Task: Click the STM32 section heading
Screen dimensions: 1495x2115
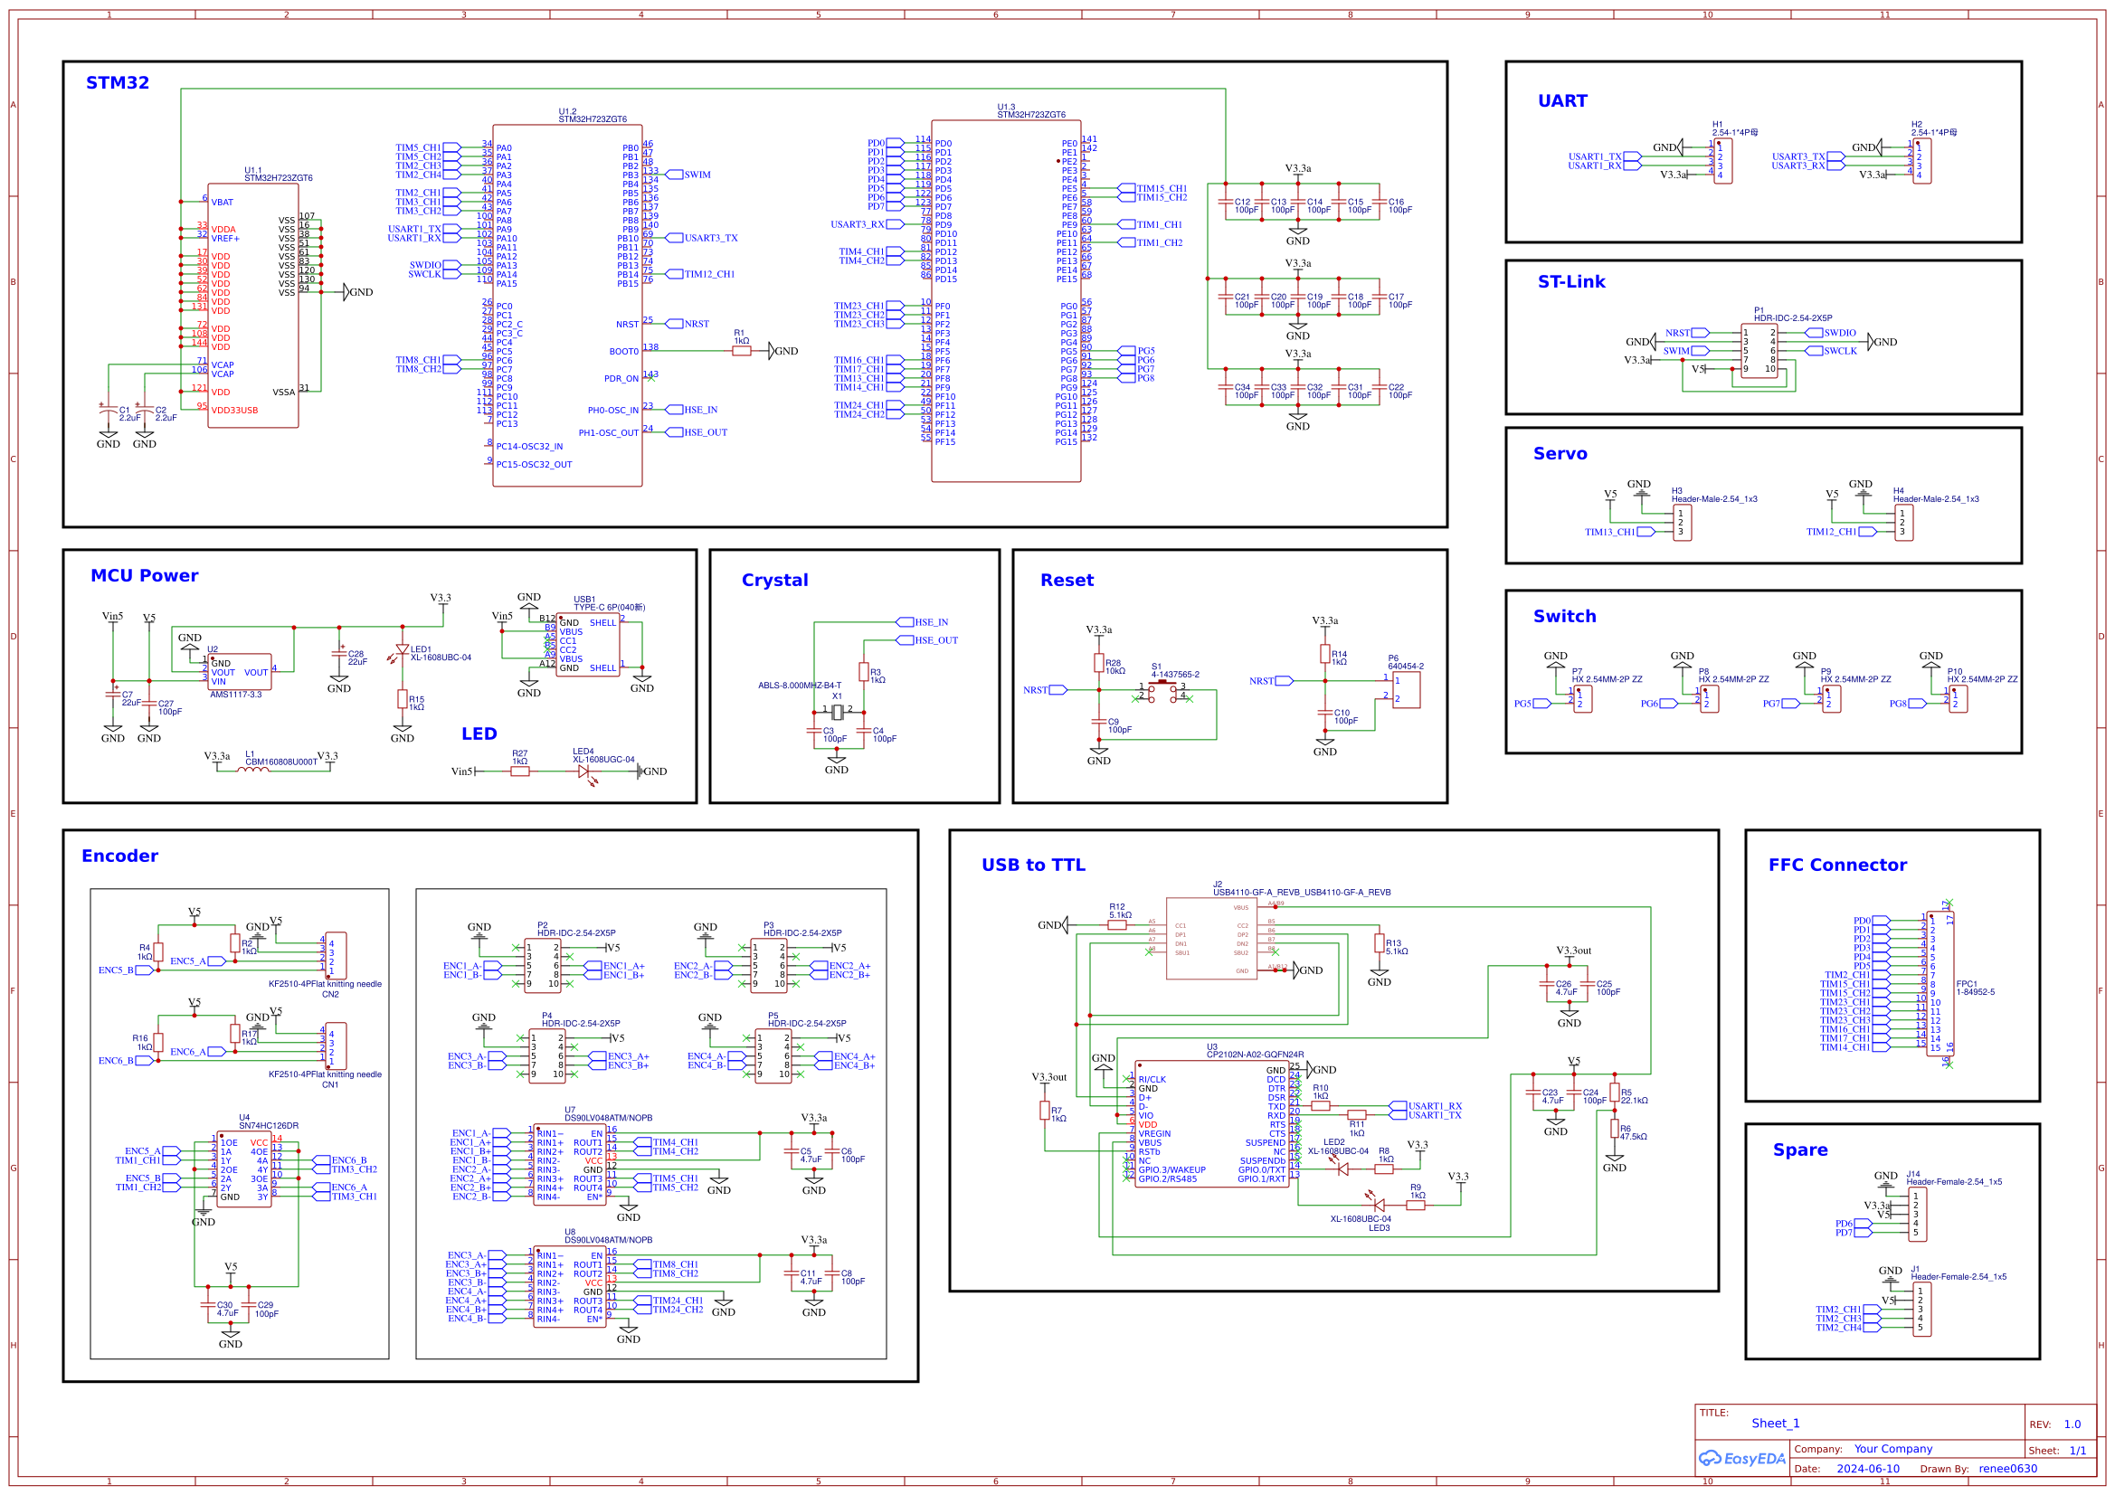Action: tap(117, 83)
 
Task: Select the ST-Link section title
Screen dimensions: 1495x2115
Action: tap(1570, 282)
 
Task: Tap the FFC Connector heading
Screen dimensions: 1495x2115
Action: tap(1836, 865)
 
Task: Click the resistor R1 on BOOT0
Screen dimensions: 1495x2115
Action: tap(742, 351)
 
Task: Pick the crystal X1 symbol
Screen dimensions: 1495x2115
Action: tap(837, 712)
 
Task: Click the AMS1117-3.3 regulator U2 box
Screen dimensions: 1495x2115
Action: tap(240, 672)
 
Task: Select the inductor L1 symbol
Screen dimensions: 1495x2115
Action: tap(253, 770)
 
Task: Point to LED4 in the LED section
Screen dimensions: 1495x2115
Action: tap(584, 771)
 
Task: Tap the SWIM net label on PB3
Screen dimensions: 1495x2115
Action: tap(697, 174)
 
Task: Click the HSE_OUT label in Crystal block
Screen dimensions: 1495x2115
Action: tap(935, 640)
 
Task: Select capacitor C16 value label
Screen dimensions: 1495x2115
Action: tap(1399, 210)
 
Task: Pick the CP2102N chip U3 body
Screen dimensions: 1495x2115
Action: tap(1211, 1124)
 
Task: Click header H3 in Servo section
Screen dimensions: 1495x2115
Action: tap(1682, 523)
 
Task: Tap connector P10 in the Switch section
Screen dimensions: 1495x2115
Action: tap(1959, 698)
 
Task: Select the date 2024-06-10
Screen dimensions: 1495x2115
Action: tap(1867, 1469)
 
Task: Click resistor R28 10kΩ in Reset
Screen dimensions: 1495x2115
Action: tap(1099, 663)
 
